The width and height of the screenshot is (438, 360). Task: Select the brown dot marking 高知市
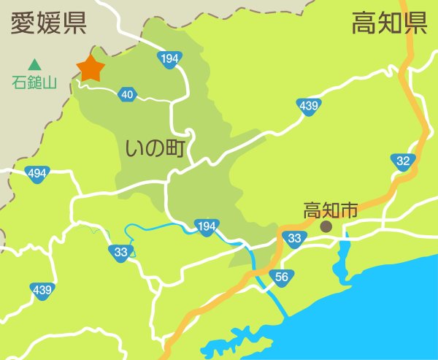[x=326, y=227]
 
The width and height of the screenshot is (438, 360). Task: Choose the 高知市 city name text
[x=330, y=210]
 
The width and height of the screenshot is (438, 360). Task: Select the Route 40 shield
[x=127, y=93]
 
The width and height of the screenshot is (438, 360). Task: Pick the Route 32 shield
[x=402, y=161]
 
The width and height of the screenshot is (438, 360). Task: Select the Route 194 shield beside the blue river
[x=206, y=226]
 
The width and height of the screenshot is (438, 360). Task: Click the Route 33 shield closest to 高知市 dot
[x=295, y=237]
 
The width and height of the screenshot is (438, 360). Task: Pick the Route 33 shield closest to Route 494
[x=121, y=253]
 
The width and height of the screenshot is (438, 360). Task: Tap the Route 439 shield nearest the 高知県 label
[x=308, y=107]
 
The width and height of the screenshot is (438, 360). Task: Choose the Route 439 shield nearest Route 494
[x=42, y=290]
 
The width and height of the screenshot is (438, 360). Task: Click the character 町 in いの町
[x=173, y=150]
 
